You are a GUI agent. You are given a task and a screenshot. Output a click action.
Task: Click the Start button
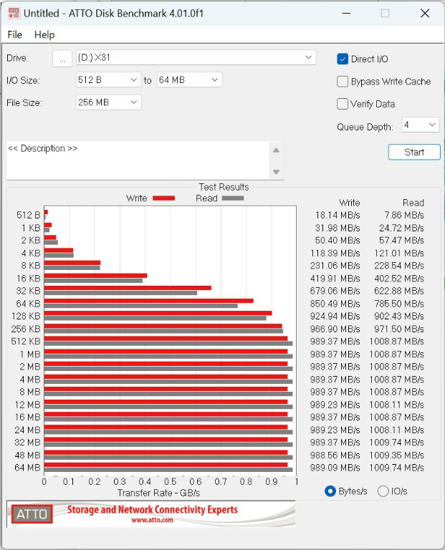[414, 152]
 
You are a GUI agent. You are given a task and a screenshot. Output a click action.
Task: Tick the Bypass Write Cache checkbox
[343, 82]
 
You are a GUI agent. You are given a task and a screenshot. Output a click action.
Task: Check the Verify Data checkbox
[343, 104]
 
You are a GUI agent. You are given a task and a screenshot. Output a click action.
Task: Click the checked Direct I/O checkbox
[343, 59]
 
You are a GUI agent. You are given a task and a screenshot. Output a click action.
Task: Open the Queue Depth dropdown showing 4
[420, 125]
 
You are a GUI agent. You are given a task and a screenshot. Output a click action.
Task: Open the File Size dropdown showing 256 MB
[108, 102]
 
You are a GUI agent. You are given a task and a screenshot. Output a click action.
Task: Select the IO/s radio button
[383, 491]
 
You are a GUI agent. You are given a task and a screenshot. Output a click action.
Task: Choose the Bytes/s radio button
[330, 491]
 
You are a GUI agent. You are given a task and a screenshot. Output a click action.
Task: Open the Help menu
[44, 34]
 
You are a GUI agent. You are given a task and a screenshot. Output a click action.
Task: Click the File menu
[14, 34]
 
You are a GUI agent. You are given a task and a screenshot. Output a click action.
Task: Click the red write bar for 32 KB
[128, 288]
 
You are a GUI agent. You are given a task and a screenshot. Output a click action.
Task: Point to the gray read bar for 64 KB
[140, 306]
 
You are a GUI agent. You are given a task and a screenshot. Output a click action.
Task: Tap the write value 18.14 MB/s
[338, 215]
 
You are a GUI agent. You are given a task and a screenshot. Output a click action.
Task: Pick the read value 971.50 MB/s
[402, 329]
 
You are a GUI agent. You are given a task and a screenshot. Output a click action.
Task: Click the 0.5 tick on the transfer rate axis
[170, 482]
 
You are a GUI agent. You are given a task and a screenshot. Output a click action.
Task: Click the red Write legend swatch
[163, 198]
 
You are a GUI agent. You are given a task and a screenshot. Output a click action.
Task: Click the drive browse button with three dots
[62, 59]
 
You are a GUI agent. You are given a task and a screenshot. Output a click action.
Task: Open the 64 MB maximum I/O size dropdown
[189, 80]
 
